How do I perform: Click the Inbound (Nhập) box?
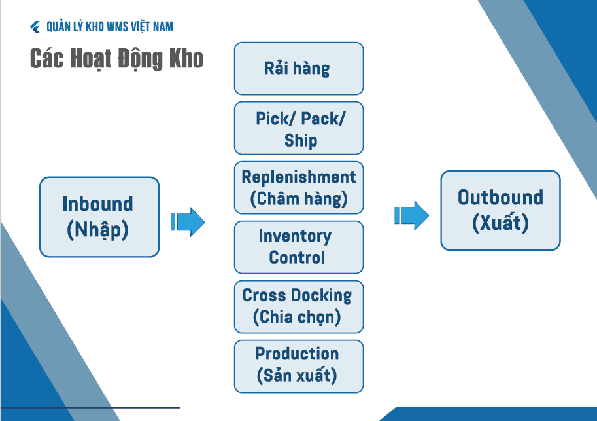[99, 217]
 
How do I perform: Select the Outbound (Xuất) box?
[500, 210]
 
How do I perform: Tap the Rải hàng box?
[298, 69]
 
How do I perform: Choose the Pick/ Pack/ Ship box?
[298, 128]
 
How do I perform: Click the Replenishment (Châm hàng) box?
[298, 188]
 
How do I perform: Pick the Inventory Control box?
[298, 247]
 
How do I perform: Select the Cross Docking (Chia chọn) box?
[298, 306]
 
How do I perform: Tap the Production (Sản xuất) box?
[298, 366]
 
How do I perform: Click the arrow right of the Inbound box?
[188, 222]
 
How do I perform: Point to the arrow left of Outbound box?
[411, 215]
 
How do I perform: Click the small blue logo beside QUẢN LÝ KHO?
[35, 27]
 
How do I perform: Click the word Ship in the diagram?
[301, 140]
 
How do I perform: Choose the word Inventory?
[295, 236]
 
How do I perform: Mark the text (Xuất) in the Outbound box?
[500, 223]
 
